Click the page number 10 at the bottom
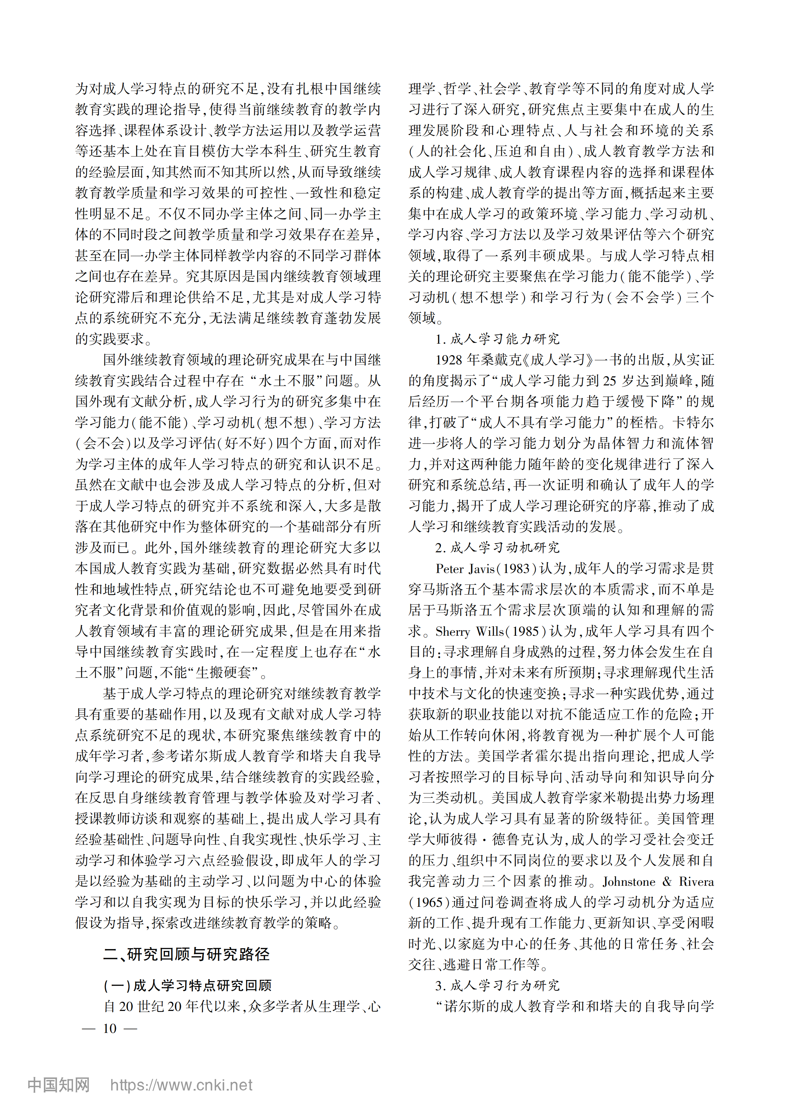click(110, 1028)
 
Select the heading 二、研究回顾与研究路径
click(186, 954)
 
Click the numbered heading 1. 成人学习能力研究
click(497, 339)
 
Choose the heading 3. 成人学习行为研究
click(497, 986)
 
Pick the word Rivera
click(696, 882)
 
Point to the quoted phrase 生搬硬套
click(223, 673)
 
